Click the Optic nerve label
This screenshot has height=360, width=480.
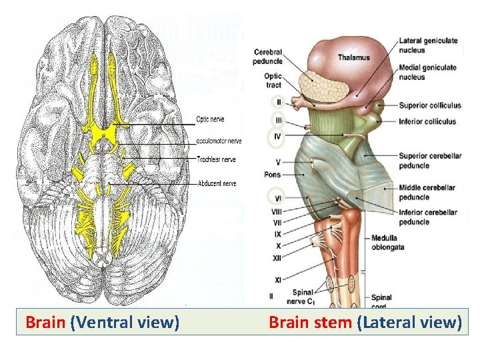(x=210, y=119)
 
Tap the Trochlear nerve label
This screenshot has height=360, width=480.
(x=216, y=159)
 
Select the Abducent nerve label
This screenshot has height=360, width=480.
(x=217, y=183)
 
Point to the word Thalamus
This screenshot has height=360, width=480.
(x=353, y=57)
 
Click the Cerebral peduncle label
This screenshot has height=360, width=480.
(x=267, y=57)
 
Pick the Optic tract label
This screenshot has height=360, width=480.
(x=273, y=81)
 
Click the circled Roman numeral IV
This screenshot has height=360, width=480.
(x=277, y=138)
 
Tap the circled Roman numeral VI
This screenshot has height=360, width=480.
(x=277, y=198)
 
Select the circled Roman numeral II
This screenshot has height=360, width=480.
(x=277, y=103)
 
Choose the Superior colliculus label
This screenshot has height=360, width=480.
(x=430, y=105)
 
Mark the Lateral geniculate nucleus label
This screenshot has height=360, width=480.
(x=428, y=45)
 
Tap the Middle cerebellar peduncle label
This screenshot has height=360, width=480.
(x=427, y=192)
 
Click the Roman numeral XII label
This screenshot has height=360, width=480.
(x=277, y=257)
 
